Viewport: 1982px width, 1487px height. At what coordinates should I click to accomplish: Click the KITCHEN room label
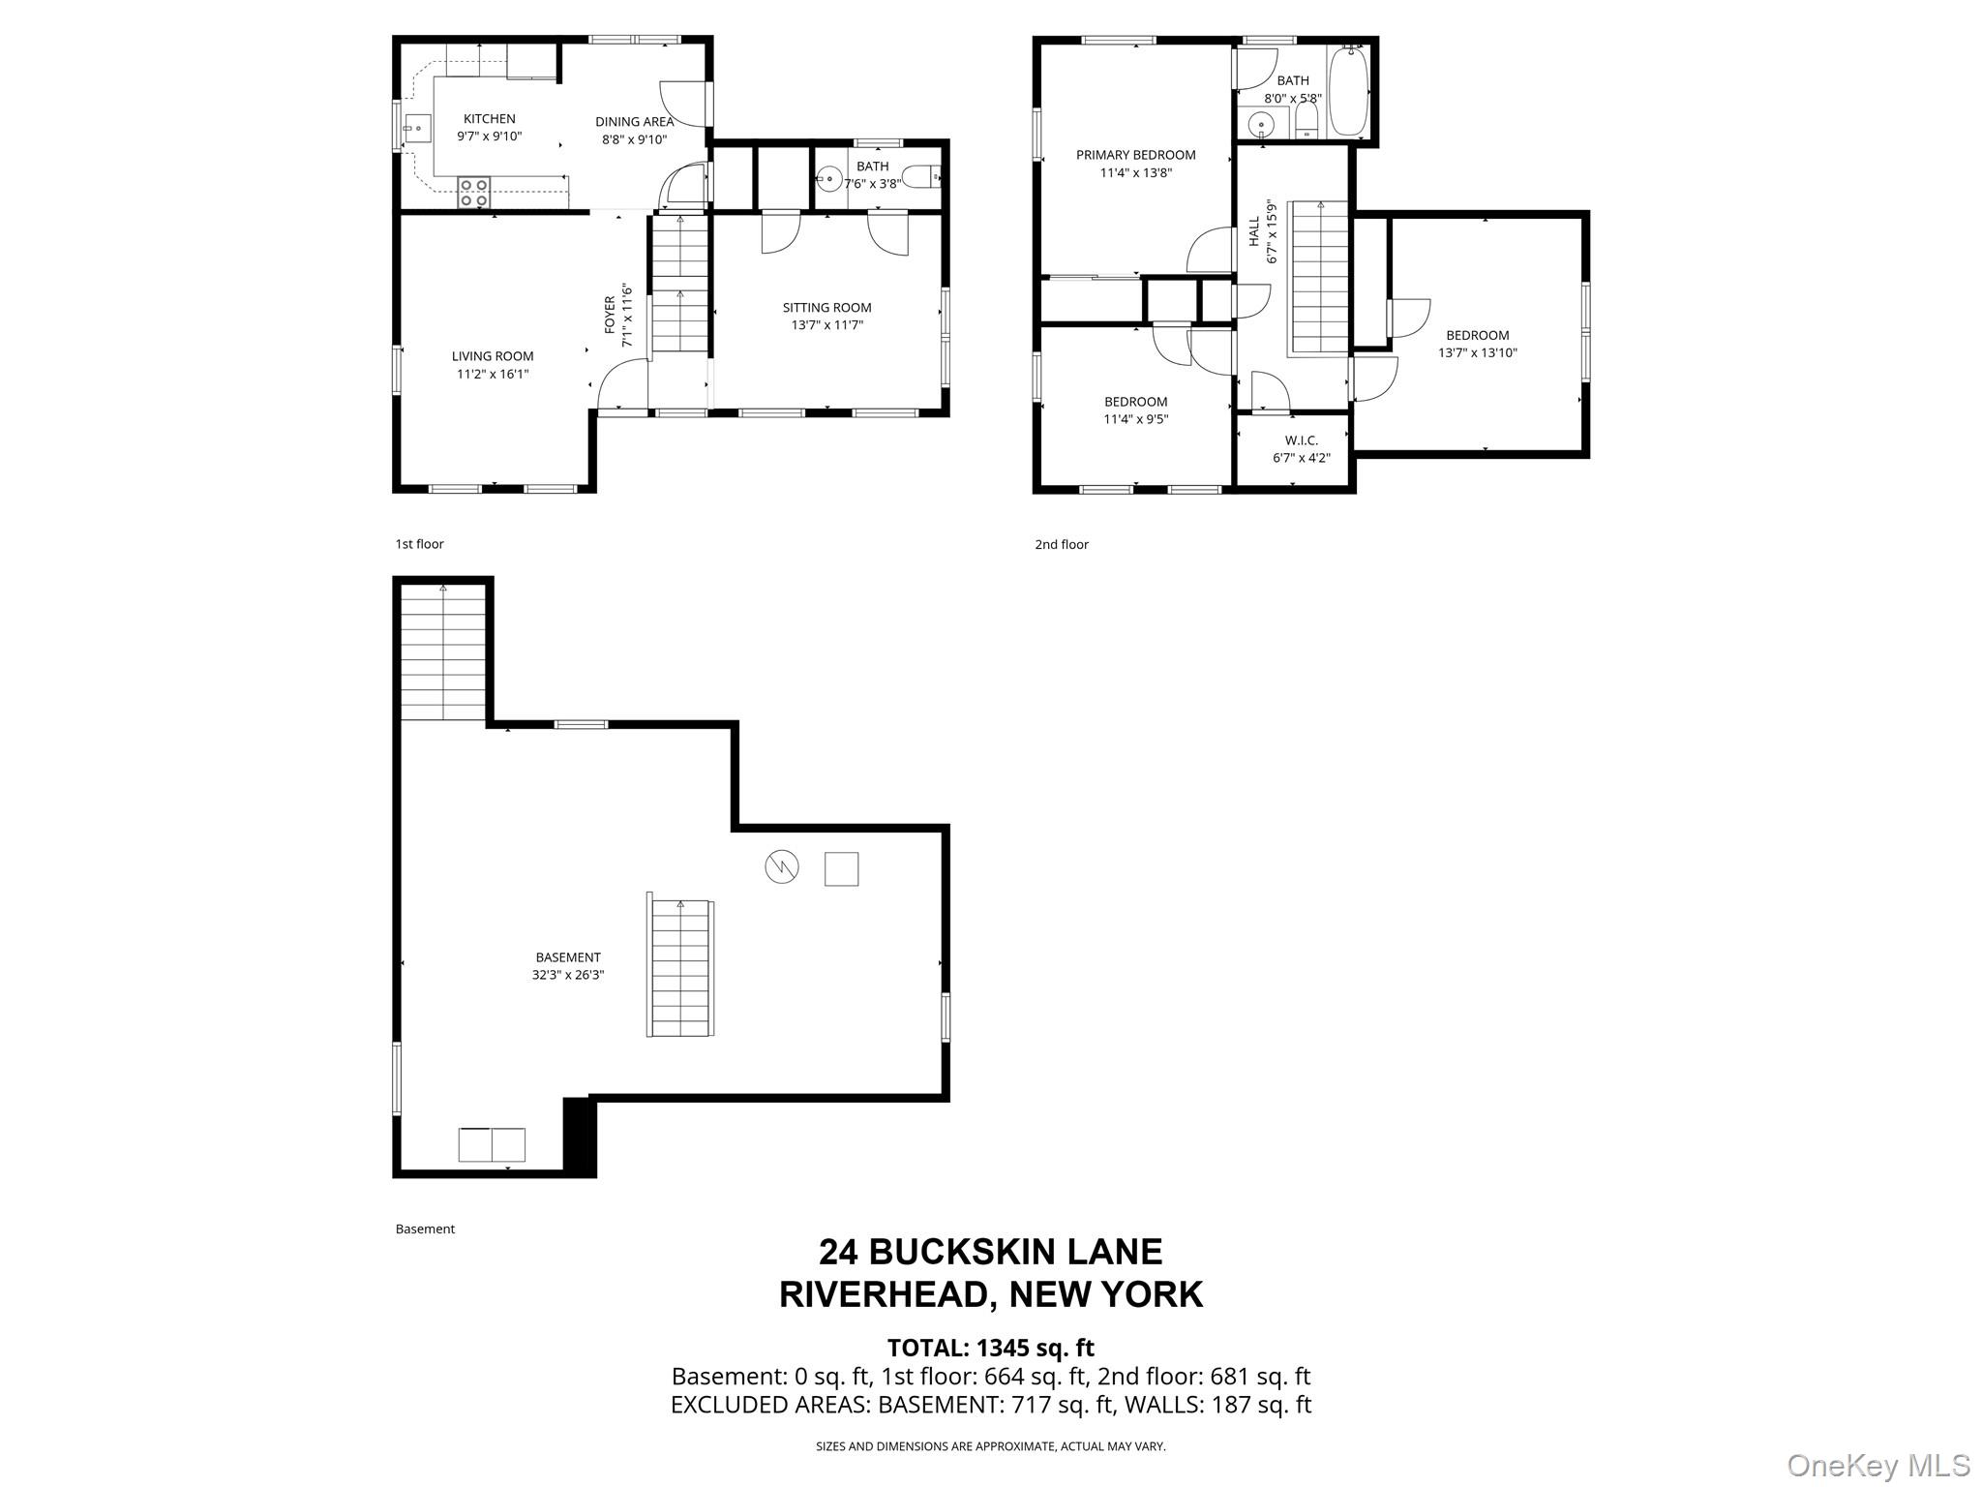489,119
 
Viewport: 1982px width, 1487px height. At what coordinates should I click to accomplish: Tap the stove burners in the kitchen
473,193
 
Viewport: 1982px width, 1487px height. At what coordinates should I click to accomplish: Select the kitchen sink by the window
417,126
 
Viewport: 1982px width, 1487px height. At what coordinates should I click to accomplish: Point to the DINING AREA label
634,122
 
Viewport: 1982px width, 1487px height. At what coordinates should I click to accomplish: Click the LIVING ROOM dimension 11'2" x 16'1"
493,374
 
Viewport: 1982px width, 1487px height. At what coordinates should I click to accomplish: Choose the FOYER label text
610,315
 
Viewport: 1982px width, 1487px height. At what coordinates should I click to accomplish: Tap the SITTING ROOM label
826,308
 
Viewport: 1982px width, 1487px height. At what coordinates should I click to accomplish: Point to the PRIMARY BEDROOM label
1135,155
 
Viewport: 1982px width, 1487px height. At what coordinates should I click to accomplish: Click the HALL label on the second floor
1254,230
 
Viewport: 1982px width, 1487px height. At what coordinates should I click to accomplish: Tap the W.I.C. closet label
1301,440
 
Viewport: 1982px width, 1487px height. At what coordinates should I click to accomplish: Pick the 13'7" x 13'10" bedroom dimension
1477,353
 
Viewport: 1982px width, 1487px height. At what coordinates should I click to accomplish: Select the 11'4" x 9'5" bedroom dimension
1135,419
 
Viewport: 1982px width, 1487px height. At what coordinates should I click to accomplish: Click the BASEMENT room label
567,957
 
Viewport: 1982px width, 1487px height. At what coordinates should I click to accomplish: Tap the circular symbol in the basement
782,867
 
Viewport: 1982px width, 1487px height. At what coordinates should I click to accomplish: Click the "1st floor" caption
419,544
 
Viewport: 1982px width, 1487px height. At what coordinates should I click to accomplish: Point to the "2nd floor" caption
1062,544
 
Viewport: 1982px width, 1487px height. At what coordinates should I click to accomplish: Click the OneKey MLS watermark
1878,1465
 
